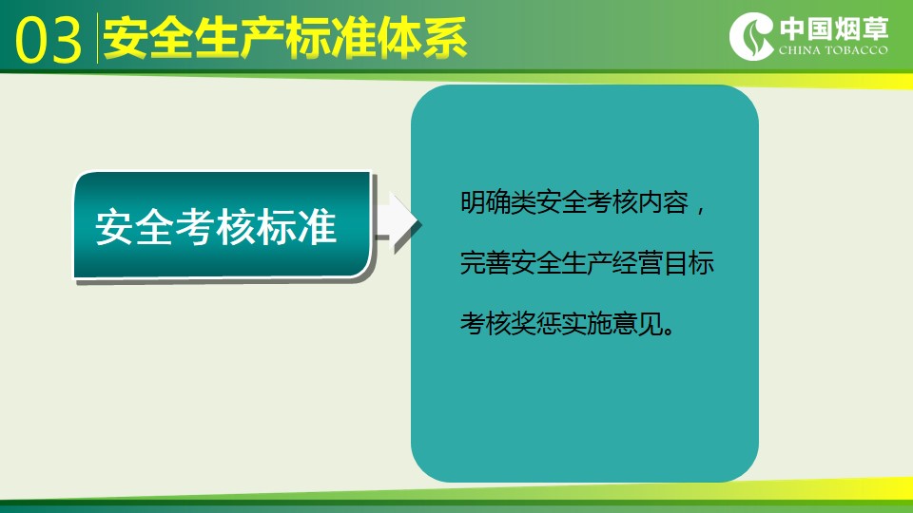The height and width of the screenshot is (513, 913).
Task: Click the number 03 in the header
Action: coord(49,40)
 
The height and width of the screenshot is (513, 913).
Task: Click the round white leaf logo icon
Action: coord(751,36)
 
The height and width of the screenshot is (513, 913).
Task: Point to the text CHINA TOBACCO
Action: coord(833,50)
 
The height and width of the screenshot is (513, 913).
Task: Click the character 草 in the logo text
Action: coord(875,28)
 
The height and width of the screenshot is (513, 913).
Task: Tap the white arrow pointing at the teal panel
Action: coord(398,222)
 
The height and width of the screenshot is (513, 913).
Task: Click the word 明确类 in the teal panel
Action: coord(497,203)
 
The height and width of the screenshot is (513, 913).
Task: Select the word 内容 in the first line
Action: coord(664,203)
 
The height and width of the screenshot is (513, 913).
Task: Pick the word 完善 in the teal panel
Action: coord(486,263)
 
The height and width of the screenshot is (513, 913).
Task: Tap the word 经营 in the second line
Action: coord(638,263)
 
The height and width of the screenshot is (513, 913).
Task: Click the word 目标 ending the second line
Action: coord(689,263)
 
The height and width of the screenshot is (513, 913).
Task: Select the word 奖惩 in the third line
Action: coord(536,323)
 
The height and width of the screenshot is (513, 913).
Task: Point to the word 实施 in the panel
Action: coord(587,323)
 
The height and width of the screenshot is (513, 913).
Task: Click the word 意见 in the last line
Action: coord(638,323)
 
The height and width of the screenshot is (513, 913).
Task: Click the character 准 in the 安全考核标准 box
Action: coord(318,227)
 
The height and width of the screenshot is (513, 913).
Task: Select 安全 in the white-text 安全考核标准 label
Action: coord(134,227)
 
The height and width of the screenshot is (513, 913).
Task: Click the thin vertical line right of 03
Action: coord(97,38)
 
